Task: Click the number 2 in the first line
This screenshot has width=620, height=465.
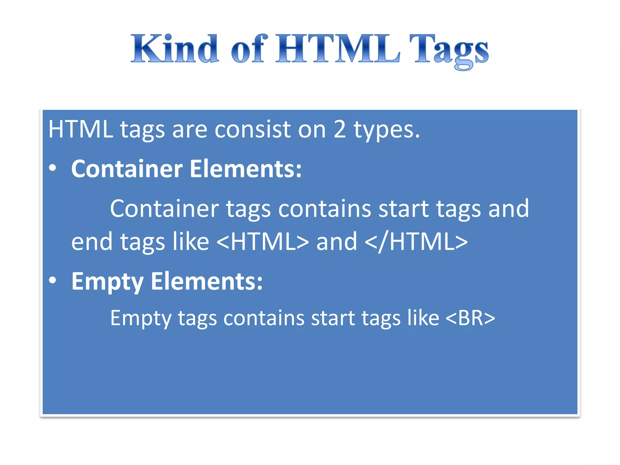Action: pyautogui.click(x=339, y=129)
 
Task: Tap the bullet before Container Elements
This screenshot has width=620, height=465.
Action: pyautogui.click(x=53, y=168)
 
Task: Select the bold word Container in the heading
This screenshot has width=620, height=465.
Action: pyautogui.click(x=127, y=169)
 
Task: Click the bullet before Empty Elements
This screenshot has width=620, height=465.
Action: pyautogui.click(x=53, y=281)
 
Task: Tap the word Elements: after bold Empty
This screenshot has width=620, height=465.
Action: pyautogui.click(x=207, y=281)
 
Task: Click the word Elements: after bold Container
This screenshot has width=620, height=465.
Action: pyautogui.click(x=246, y=169)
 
